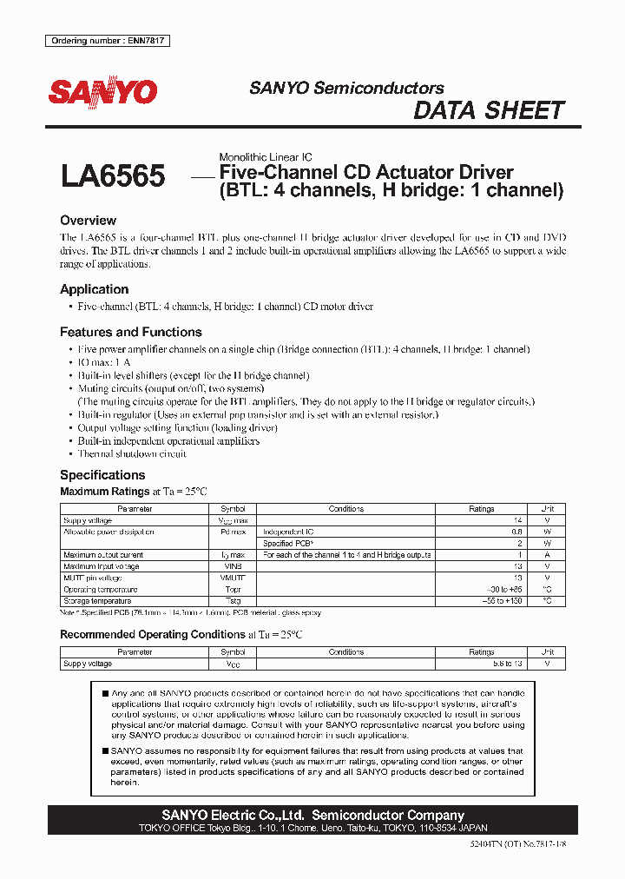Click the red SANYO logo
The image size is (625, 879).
coord(102,93)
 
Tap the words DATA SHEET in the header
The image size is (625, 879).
coord(489,111)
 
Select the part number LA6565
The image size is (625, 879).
coord(113,176)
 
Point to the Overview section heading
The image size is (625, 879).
coord(88,221)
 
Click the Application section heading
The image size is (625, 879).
coord(94,289)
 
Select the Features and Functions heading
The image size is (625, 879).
coord(130,332)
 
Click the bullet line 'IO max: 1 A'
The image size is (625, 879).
coord(104,362)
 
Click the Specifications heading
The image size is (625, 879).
coord(102,475)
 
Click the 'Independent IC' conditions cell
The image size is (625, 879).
coord(291,532)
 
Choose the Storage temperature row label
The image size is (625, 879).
coord(96,600)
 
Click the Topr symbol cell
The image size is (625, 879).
coord(233,589)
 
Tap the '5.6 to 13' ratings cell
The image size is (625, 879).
coord(481,664)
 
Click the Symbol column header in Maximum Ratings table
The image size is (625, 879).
coord(233,509)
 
